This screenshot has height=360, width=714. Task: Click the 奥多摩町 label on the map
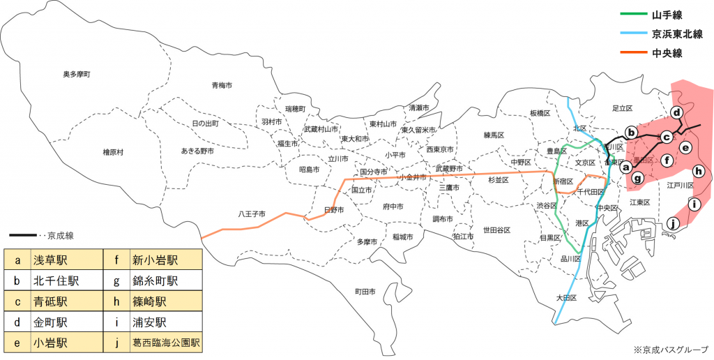point(77,73)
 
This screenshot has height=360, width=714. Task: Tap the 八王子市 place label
point(251,213)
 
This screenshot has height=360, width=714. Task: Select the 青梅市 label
point(222,85)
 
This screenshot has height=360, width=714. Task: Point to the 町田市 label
point(365,291)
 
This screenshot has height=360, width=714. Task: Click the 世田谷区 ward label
point(497,230)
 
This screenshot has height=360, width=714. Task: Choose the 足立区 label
point(621,108)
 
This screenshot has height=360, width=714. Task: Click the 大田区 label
point(568,298)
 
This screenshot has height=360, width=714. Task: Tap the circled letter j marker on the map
point(673,224)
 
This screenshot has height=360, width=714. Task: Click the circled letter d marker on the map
point(676,112)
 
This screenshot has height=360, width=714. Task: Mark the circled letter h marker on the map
point(698,171)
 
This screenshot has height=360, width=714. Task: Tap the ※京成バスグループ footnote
point(670,350)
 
